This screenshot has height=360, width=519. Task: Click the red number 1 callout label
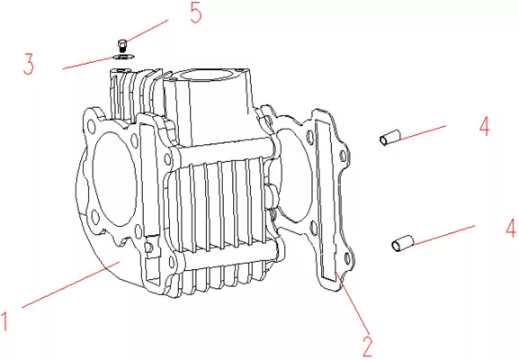click(x=4, y=320)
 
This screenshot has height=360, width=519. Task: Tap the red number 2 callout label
click(x=367, y=346)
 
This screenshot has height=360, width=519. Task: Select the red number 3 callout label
click(x=29, y=64)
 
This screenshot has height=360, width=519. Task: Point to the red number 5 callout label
click(x=196, y=13)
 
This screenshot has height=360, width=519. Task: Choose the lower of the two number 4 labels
click(x=511, y=228)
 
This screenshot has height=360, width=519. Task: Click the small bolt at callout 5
click(x=122, y=45)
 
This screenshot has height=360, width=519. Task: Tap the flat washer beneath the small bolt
click(x=123, y=57)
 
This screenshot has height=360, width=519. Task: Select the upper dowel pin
click(x=389, y=138)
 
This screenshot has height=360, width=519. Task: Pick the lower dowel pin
click(x=402, y=243)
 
